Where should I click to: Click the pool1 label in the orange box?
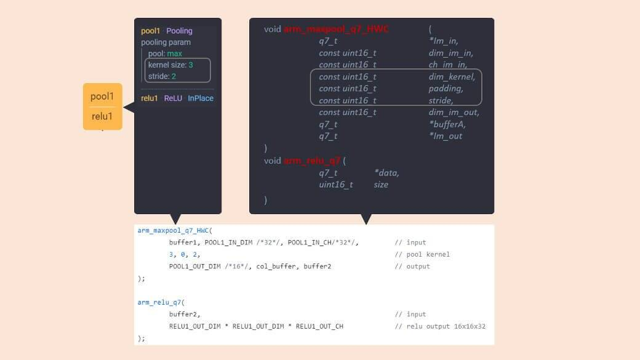[102, 97]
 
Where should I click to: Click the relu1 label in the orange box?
[102, 117]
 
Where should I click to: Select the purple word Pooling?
[179, 31]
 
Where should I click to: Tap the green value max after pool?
[174, 54]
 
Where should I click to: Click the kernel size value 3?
[191, 65]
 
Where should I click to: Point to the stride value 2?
[174, 76]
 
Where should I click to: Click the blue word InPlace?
[201, 98]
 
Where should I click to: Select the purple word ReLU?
[173, 98]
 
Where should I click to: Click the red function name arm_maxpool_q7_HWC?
[336, 30]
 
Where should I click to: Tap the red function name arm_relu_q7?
[312, 161]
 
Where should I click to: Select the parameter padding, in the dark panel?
[446, 89]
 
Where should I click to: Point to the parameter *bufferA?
[447, 124]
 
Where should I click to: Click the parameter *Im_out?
[446, 136]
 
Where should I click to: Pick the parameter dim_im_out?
[454, 112]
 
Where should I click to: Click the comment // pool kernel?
[422, 255]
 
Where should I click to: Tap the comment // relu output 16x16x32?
[440, 326]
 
